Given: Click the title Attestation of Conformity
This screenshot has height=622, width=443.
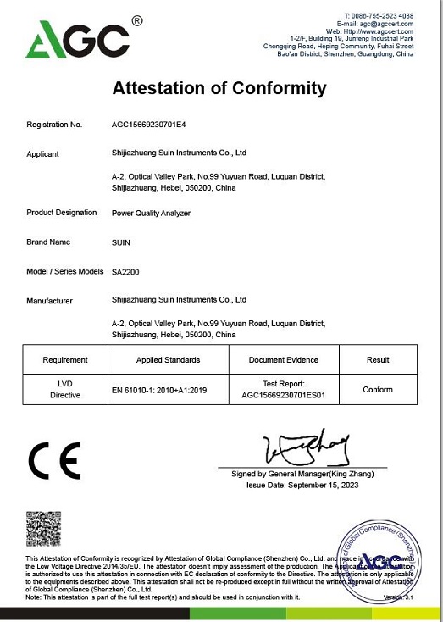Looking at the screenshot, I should tap(219, 88).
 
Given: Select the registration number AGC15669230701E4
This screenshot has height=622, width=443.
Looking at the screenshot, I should tap(148, 125).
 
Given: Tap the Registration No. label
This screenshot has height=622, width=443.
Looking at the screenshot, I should tap(54, 125).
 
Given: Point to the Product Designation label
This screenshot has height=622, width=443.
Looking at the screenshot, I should tap(62, 213).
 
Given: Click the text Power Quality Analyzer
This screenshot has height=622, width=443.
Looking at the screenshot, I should tap(151, 213).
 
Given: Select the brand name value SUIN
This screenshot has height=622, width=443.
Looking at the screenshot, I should tap(122, 242).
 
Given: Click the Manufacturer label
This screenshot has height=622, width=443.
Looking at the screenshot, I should tap(50, 301).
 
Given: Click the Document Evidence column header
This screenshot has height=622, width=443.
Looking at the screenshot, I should tap(284, 360).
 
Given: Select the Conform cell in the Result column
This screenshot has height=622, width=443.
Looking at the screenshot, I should tap(378, 389).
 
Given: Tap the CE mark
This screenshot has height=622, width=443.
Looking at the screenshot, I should tap(54, 462).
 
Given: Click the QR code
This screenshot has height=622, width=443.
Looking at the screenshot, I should tap(43, 529).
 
